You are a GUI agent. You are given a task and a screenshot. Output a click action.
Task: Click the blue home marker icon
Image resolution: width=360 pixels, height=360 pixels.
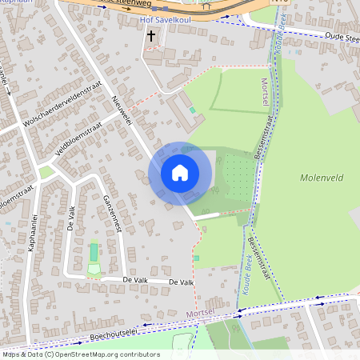pos(180,173)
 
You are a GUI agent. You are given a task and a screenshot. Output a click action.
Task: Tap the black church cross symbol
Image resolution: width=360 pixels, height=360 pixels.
pos(152,36)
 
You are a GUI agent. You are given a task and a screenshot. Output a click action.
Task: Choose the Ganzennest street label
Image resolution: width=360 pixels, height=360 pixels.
pos(110,214)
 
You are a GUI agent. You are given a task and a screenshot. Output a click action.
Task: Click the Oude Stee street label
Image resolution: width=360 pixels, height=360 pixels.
pos(342,37)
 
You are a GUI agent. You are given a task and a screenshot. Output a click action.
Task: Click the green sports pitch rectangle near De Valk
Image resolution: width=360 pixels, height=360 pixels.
pos(94,253)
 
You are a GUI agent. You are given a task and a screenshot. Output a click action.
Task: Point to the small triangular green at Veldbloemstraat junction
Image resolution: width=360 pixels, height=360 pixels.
pos(46,171)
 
